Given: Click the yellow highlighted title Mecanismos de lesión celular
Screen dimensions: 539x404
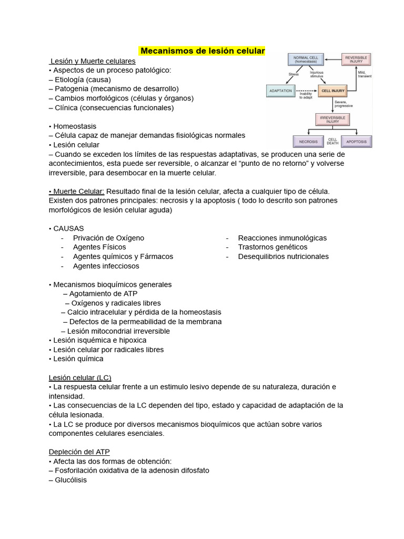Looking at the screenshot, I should pyautogui.click(x=203, y=51).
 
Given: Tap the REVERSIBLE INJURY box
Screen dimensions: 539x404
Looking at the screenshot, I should pyautogui.click(x=356, y=59).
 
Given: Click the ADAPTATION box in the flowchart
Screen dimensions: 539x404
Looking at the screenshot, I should pyautogui.click(x=280, y=91).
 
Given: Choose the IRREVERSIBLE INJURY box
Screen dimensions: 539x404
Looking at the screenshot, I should pyautogui.click(x=332, y=119).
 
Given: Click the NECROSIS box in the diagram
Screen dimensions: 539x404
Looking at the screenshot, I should pyautogui.click(x=308, y=141).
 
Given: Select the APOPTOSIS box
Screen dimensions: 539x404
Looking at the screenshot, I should pyautogui.click(x=356, y=141).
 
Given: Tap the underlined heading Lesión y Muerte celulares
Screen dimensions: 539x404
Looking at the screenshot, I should pyautogui.click(x=93, y=61).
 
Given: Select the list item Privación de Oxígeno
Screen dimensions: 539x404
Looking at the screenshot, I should pyautogui.click(x=108, y=238).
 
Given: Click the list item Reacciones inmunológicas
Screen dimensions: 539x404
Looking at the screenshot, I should pyautogui.click(x=282, y=238).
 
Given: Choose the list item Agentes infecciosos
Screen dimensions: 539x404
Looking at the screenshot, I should pyautogui.click(x=106, y=266).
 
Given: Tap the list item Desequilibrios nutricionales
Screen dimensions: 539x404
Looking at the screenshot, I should pyautogui.click(x=283, y=256).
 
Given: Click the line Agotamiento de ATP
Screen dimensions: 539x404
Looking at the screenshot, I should pyautogui.click(x=103, y=294).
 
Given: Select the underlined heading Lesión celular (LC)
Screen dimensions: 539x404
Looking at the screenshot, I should pyautogui.click(x=80, y=377).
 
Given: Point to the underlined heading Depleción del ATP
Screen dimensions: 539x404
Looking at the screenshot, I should pyautogui.click(x=79, y=452).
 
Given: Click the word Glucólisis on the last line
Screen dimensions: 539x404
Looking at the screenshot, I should pyautogui.click(x=70, y=480).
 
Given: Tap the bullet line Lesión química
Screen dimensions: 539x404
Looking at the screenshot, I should pyautogui.click(x=78, y=359).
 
